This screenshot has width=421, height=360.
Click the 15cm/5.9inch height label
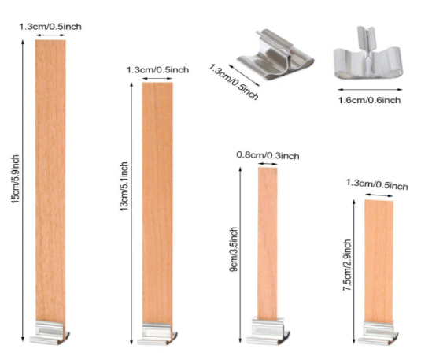pyautogui.click(x=15, y=180)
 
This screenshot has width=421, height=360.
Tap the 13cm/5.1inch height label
pyautogui.click(x=124, y=187)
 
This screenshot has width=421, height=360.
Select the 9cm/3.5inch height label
pyautogui.click(x=234, y=250)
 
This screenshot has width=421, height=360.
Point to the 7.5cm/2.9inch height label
pyautogui.click(x=347, y=265)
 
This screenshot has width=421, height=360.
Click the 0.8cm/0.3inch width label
pyautogui.click(x=268, y=155)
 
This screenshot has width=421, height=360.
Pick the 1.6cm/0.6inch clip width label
pyautogui.click(x=369, y=100)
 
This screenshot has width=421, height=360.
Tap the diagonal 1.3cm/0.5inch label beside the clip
pyautogui.click(x=234, y=81)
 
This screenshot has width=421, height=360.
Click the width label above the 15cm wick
pyautogui.click(x=50, y=27)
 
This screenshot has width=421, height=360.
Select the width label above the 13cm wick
pyautogui.click(x=157, y=70)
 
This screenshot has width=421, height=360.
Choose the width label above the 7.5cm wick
pyautogui.click(x=377, y=184)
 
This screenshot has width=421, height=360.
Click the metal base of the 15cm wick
pyautogui.click(x=49, y=332)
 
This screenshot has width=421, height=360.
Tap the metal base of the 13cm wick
pyautogui.click(x=157, y=334)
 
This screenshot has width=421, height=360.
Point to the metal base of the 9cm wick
pyautogui.click(x=268, y=331)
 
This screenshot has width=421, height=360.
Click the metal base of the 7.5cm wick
pyautogui.click(x=378, y=333)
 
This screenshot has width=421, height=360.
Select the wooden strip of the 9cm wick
pyautogui.click(x=268, y=243)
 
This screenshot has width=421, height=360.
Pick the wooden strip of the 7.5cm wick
pyautogui.click(x=379, y=261)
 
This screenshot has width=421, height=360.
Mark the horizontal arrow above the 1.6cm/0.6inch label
pyautogui.click(x=370, y=90)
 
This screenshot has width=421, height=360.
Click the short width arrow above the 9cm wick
pyautogui.click(x=268, y=164)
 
